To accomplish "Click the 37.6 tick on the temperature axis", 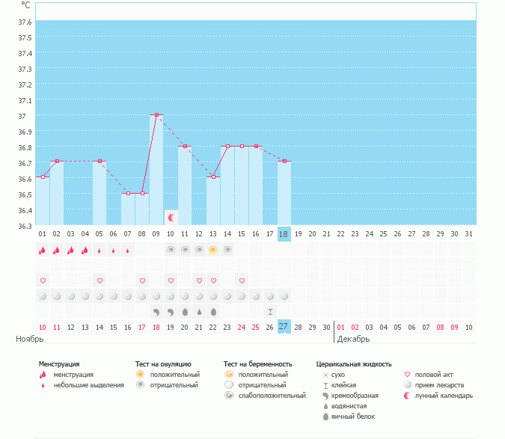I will click(x=25, y=22).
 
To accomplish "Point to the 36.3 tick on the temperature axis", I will click(x=25, y=226).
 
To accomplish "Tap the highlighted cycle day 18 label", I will click(x=284, y=234).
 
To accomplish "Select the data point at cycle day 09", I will click(x=156, y=115).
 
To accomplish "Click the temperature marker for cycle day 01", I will click(x=43, y=177).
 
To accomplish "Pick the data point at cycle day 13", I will click(x=213, y=177).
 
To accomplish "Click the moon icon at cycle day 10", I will click(x=171, y=218).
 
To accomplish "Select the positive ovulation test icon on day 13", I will click(x=213, y=250).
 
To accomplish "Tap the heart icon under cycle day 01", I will click(x=43, y=280).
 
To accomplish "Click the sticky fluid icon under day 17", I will click(x=270, y=311).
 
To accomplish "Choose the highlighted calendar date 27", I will click(x=284, y=327).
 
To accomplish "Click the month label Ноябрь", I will click(x=31, y=339).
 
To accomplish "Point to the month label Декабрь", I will click(x=353, y=339).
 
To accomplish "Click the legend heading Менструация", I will click(x=59, y=364).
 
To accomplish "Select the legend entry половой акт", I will click(x=435, y=374).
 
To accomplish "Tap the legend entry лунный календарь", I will click(x=444, y=395).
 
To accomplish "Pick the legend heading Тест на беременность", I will click(x=258, y=364).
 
